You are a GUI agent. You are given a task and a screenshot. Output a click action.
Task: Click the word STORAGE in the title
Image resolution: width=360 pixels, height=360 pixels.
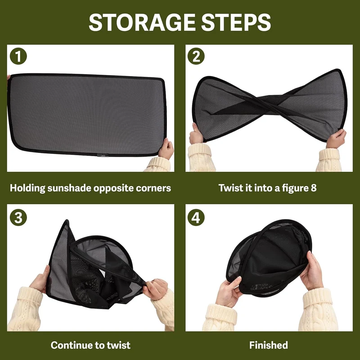[x=142, y=22]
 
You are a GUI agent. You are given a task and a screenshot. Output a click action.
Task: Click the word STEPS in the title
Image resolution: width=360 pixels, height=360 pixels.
[x=236, y=22]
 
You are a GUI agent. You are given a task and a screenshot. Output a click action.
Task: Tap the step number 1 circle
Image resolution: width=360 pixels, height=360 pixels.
[x=18, y=56]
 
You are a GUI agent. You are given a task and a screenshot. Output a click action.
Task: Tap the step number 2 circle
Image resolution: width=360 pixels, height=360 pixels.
[x=196, y=56]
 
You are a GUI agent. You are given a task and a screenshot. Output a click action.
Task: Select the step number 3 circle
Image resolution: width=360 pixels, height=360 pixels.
[x=18, y=217]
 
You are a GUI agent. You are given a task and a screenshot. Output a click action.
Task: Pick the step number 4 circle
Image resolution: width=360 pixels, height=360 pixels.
[x=196, y=217]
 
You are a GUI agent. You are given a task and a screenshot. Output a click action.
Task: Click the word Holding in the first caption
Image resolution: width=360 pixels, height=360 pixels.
[x=27, y=188]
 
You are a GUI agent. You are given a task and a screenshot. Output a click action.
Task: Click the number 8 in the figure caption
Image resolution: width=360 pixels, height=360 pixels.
[x=314, y=188]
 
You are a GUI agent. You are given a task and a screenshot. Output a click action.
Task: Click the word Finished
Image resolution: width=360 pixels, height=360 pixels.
[x=268, y=345]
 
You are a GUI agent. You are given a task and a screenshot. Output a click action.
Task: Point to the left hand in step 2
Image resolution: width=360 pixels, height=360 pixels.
[x=196, y=134]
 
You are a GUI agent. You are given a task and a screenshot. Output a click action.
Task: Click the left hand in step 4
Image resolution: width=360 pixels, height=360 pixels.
[x=228, y=292]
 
